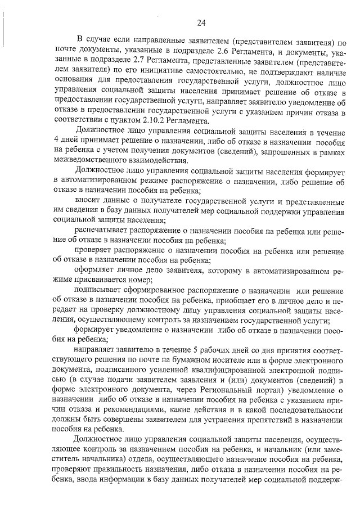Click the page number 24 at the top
202,23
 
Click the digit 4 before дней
56,140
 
